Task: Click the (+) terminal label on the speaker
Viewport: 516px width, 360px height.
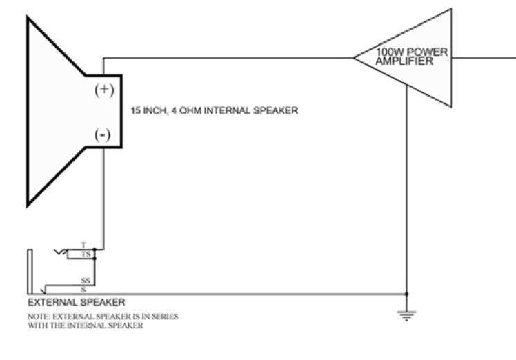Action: (x=104, y=90)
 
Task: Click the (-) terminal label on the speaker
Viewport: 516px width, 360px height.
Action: (x=102, y=134)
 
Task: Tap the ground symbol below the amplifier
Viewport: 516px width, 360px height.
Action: (x=407, y=315)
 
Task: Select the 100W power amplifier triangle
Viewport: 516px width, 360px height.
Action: (x=403, y=58)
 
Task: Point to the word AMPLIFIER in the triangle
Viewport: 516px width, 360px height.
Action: (x=404, y=61)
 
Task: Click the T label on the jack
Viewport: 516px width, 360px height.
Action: (x=83, y=245)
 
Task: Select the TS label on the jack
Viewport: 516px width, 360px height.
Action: (x=86, y=254)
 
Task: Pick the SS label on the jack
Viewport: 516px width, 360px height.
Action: (x=86, y=281)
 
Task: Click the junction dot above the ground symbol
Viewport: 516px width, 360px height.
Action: (x=407, y=294)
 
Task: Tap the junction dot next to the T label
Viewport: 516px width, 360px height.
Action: (x=95, y=250)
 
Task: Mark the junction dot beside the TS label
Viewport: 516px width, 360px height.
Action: (x=95, y=259)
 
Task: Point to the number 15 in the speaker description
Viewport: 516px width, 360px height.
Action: (x=136, y=110)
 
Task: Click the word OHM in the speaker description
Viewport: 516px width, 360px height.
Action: (x=190, y=110)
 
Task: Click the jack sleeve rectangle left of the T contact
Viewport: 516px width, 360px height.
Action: (x=30, y=272)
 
